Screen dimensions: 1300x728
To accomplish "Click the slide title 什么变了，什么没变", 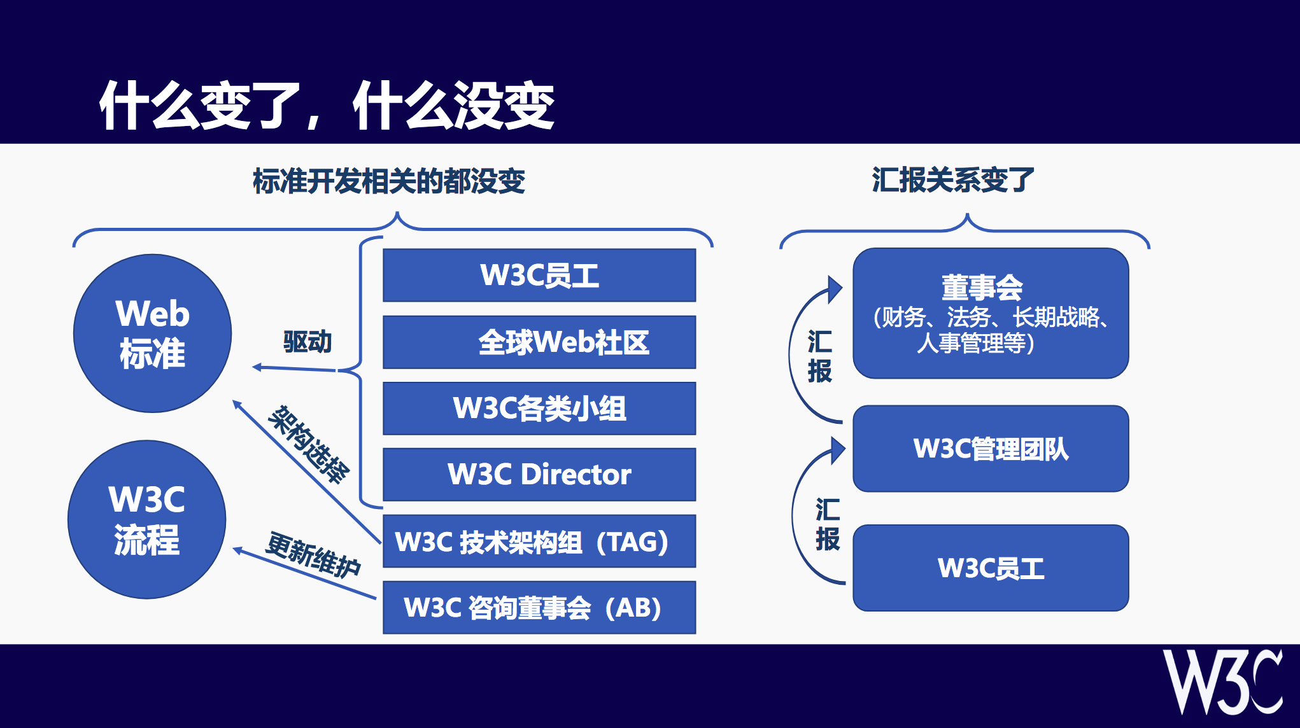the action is tap(327, 106).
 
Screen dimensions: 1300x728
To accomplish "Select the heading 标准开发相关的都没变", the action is tap(389, 181).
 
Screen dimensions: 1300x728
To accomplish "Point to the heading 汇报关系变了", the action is tap(953, 180).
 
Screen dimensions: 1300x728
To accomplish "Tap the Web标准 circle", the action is tap(153, 333).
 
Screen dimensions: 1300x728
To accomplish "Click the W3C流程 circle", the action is tap(147, 519).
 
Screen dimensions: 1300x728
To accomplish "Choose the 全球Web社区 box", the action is tap(539, 342).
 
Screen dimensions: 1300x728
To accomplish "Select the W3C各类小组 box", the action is tap(539, 409).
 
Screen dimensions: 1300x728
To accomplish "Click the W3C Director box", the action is tap(539, 475).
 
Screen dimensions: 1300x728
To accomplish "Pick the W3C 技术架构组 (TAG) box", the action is tap(539, 541).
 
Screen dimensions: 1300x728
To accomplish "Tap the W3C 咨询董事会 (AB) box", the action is tap(539, 607).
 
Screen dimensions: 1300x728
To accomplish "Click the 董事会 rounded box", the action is tap(991, 313).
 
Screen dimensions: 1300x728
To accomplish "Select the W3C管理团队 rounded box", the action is tap(991, 449).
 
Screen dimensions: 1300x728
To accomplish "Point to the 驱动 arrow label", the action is tap(307, 342).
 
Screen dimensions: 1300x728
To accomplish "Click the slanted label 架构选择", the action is tap(309, 444).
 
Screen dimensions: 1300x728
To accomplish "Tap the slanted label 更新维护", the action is tap(313, 555).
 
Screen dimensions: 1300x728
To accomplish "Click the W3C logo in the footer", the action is tap(1223, 682).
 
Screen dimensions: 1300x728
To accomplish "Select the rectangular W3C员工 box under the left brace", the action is tap(539, 276).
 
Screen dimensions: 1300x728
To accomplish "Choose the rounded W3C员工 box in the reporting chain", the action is tap(991, 568).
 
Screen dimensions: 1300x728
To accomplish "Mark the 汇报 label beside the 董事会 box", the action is tap(820, 356).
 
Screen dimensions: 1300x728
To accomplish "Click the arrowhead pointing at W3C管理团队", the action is tap(838, 450).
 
